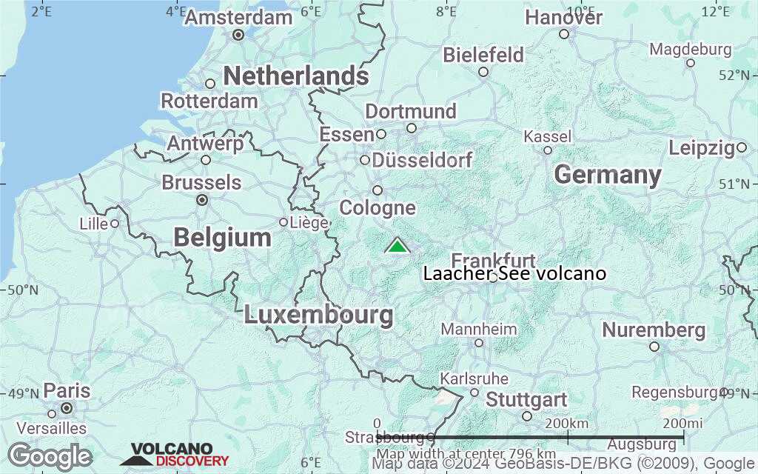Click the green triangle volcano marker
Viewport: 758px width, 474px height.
coord(398,246)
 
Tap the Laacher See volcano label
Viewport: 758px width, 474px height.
coord(514,274)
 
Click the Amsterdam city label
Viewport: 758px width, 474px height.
coord(238,18)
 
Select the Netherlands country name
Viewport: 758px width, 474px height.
coord(295,76)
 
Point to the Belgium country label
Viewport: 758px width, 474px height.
coord(222,238)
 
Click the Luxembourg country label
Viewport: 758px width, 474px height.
coord(318,315)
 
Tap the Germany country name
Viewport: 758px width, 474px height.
coord(607,176)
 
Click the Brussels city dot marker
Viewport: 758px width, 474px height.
coord(202,200)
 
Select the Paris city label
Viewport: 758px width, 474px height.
coord(67,391)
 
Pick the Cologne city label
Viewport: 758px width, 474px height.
coord(378,208)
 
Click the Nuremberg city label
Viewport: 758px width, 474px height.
coord(654,330)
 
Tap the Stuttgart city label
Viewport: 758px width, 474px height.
coord(526,400)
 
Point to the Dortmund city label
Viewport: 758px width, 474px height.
coord(411,112)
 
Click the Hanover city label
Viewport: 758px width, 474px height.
coord(564,18)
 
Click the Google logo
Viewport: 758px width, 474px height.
coord(50,455)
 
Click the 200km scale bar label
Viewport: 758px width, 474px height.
coord(568,423)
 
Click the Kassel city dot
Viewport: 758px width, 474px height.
coord(548,150)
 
